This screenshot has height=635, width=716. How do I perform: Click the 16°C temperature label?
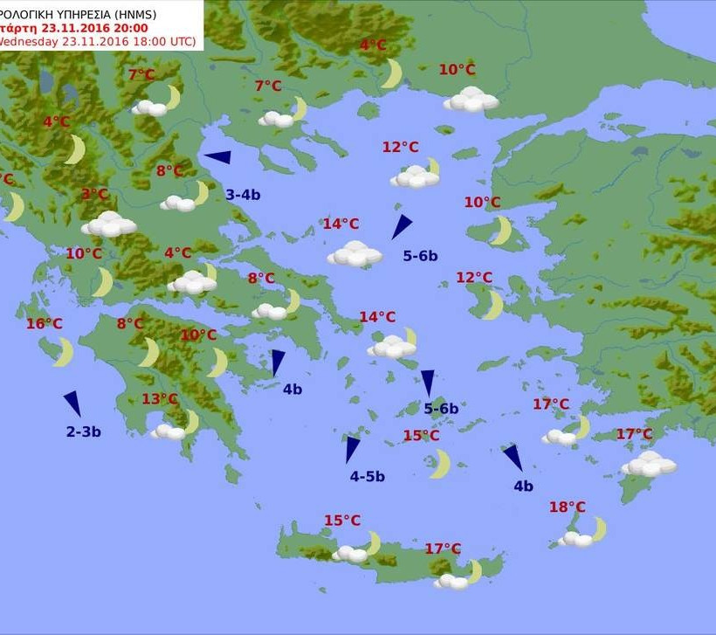click(44, 324)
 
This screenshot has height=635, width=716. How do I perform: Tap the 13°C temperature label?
click(160, 399)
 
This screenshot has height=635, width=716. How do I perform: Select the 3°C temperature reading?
click(94, 194)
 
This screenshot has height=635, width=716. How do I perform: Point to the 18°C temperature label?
click(568, 507)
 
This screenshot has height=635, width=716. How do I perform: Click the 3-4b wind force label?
click(243, 195)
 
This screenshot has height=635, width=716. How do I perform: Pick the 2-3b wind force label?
click(84, 431)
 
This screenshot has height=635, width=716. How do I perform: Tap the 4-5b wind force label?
click(367, 476)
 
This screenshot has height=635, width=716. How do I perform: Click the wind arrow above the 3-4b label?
click(217, 158)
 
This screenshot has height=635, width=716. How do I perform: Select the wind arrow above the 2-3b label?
click(72, 404)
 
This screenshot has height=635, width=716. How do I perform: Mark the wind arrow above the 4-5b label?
click(351, 449)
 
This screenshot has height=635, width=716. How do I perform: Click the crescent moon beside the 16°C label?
click(63, 352)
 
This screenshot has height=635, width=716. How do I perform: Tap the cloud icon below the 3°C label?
click(109, 224)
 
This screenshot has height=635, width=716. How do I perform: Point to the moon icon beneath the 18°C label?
click(598, 528)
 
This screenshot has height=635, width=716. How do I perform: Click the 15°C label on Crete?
click(342, 521)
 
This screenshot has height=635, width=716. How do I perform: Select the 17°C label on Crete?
click(443, 549)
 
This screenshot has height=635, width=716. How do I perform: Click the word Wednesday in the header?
click(31, 41)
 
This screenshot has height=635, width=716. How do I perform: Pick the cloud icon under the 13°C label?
click(168, 431)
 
